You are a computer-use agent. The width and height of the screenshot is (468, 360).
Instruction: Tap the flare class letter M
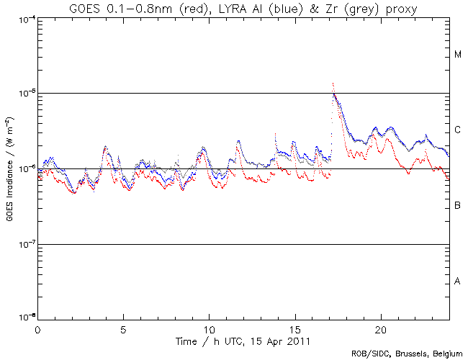[458, 55]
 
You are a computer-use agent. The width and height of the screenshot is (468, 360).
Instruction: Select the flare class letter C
[458, 130]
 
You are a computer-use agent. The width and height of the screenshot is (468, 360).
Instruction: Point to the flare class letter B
[458, 206]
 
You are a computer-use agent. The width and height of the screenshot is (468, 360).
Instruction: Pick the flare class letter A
[458, 282]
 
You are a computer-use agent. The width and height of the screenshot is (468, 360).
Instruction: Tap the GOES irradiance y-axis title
[9, 169]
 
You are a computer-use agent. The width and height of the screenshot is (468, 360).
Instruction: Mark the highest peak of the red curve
[333, 84]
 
